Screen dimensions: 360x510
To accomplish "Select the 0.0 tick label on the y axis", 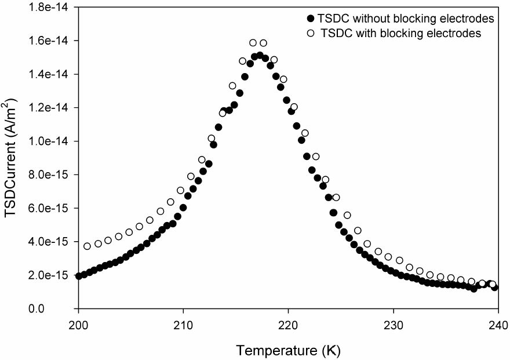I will click(x=63, y=309).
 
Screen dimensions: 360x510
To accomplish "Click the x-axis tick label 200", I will click(x=78, y=325).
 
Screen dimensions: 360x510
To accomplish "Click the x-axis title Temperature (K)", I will click(x=288, y=350).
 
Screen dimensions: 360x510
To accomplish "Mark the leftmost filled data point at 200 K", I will click(x=79, y=276).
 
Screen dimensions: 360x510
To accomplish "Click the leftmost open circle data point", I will click(x=88, y=246).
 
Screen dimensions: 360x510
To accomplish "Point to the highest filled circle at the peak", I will click(x=260, y=55).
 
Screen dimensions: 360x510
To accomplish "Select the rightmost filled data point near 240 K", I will click(x=494, y=288).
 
